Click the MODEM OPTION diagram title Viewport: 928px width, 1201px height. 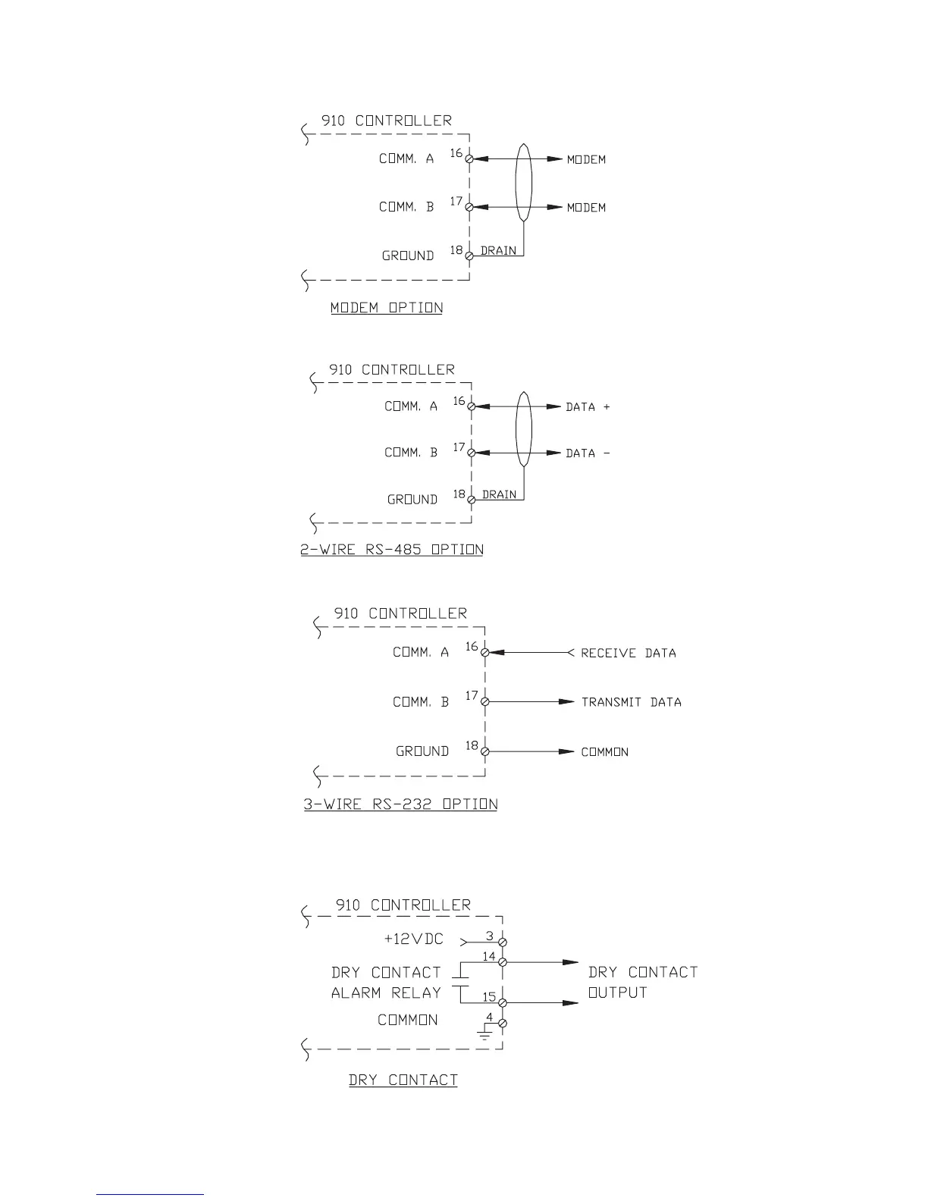coord(387,308)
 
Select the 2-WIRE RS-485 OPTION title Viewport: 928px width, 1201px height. coord(392,550)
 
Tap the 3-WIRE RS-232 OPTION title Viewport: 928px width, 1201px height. coord(400,804)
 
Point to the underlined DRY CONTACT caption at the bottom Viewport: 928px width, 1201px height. coord(403,1080)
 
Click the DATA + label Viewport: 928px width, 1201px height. coord(588,407)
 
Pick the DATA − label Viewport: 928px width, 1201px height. coord(588,453)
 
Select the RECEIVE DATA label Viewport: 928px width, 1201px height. coord(629,653)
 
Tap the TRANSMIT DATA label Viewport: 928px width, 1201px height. coord(632,702)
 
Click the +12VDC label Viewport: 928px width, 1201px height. coord(414,939)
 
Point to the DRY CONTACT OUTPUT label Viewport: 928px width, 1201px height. coord(643,982)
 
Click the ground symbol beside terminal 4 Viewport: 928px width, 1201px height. coord(484,1033)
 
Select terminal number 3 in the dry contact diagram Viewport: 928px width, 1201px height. coord(490,936)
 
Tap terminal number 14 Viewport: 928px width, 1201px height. coord(489,957)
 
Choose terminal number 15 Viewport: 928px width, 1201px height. coord(489,997)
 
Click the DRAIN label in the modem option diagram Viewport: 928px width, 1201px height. coord(499,251)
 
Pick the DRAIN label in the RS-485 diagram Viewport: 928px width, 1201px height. coord(500,494)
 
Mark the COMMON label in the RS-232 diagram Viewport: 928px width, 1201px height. coord(605,752)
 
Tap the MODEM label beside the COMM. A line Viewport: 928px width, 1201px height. coord(587,159)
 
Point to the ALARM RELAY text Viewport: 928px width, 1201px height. coord(386,993)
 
